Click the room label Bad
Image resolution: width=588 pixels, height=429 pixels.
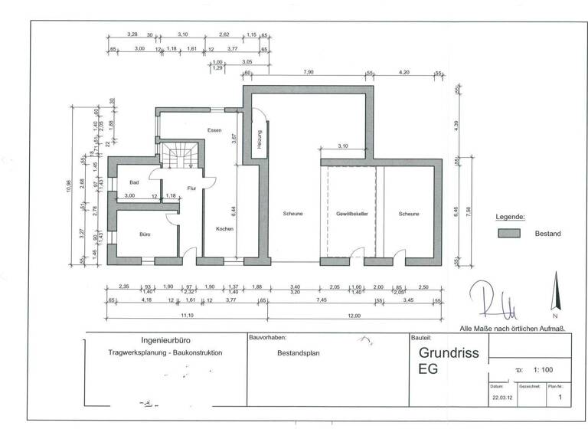tap(134, 182)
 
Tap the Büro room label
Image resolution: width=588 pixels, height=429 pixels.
tap(143, 234)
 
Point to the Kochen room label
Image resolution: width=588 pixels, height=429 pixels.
tap(224, 229)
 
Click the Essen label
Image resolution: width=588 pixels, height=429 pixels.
tap(214, 130)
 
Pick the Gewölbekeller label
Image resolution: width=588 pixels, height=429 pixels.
tap(352, 214)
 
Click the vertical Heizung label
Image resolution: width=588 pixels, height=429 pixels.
tap(260, 140)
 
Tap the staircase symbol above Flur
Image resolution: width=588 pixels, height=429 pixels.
tap(181, 157)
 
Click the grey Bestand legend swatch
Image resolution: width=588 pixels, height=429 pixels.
tap(508, 233)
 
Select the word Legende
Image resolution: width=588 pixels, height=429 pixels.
tap(511, 217)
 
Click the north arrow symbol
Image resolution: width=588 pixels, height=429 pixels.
tap(554, 294)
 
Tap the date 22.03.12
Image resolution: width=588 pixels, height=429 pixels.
tap(501, 398)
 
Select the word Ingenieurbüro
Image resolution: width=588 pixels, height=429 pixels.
tap(166, 339)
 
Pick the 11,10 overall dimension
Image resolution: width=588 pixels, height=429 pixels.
tap(186, 315)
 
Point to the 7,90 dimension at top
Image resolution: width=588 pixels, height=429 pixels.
tap(309, 73)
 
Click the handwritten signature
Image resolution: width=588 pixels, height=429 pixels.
tap(498, 300)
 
